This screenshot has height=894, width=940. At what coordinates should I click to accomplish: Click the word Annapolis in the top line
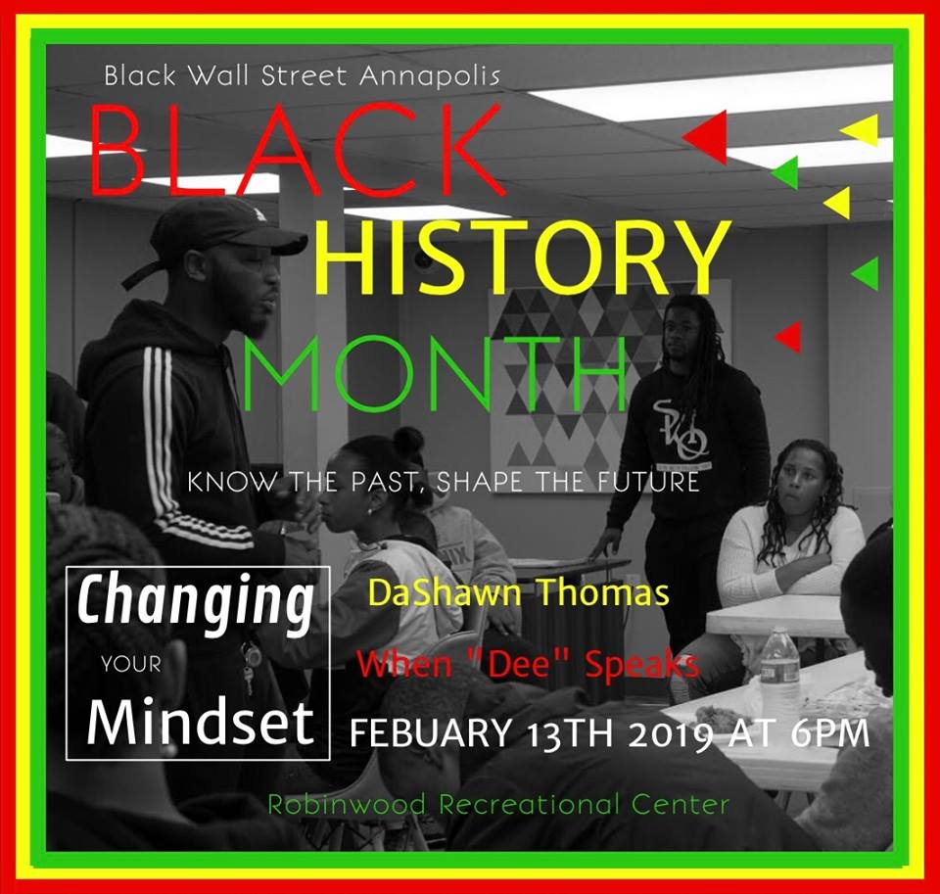(x=430, y=77)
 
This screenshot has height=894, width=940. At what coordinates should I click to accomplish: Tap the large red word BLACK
(x=296, y=149)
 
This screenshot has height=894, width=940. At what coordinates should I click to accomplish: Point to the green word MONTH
(x=435, y=372)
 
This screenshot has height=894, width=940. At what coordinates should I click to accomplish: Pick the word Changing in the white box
(x=196, y=602)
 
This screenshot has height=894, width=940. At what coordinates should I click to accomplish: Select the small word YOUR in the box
(x=131, y=664)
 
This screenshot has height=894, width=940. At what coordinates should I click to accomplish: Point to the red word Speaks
(x=641, y=666)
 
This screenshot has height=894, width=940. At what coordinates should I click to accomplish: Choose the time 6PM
(x=830, y=732)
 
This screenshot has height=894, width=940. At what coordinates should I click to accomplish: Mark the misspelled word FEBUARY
(x=431, y=732)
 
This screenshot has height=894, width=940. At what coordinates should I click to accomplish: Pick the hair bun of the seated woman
(x=410, y=440)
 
